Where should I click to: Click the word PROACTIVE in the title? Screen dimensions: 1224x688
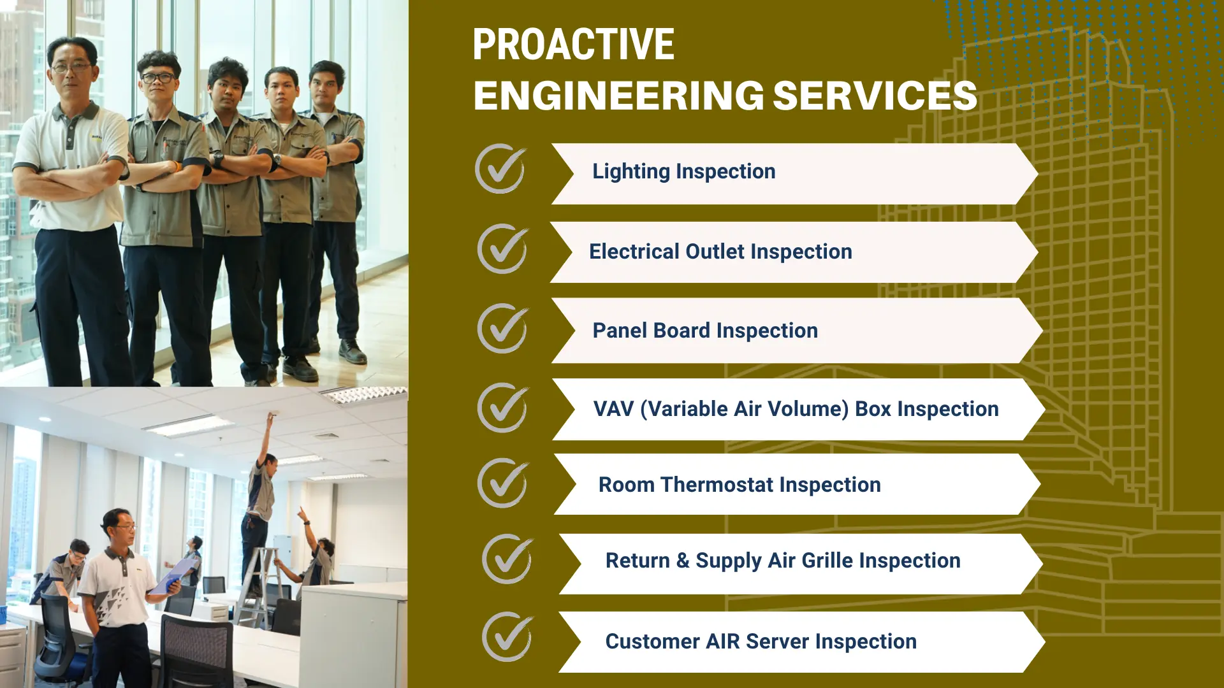(x=573, y=45)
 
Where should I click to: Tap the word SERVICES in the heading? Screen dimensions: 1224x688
(x=875, y=96)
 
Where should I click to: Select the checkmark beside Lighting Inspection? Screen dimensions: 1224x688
(x=501, y=169)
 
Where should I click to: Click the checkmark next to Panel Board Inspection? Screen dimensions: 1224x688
(x=503, y=329)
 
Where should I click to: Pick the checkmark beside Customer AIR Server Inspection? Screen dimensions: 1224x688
(x=508, y=636)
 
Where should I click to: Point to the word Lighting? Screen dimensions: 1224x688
(x=631, y=172)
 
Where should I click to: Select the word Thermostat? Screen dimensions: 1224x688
(x=717, y=485)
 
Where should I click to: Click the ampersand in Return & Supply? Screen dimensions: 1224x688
(x=683, y=561)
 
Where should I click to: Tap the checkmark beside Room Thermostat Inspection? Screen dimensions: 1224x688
(x=503, y=483)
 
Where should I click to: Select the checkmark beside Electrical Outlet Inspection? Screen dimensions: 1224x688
(x=503, y=248)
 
